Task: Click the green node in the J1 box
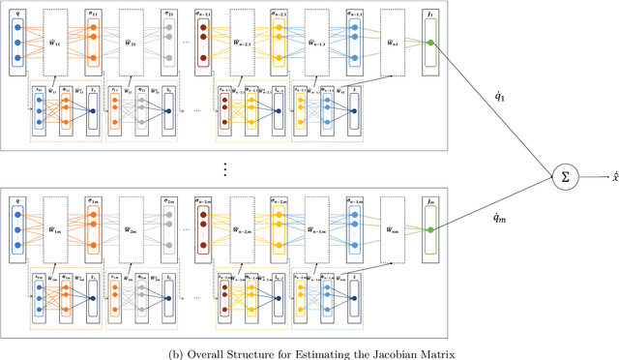pos(430,44)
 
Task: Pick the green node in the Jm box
pos(430,228)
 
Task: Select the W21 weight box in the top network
pos(131,44)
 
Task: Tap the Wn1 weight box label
pos(395,44)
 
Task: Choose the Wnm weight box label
pos(395,228)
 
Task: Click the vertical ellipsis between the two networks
pos(225,169)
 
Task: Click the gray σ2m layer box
pos(170,226)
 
